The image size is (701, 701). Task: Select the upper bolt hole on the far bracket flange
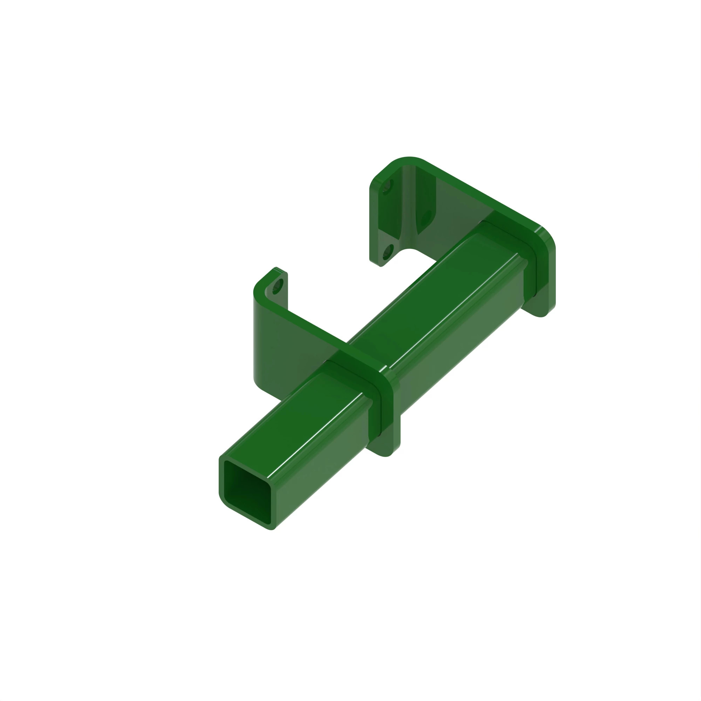coord(387,187)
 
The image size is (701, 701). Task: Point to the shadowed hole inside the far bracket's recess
coord(427,218)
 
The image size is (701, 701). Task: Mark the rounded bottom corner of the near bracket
coord(258,384)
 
